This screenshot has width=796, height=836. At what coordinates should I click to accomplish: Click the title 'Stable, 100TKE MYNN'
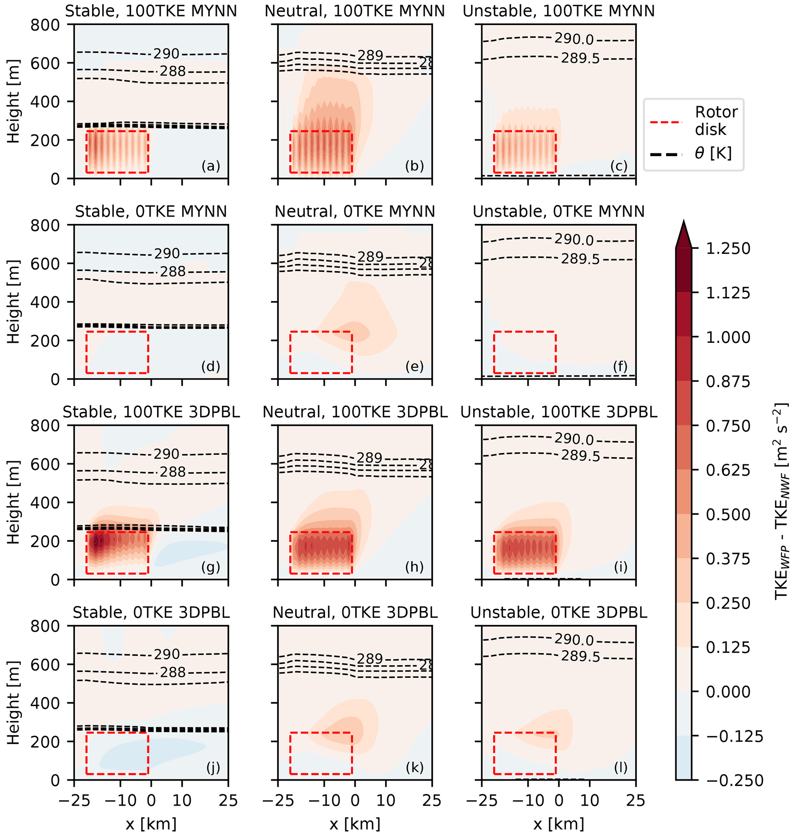151,11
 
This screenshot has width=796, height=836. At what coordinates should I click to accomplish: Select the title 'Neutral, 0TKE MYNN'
355,212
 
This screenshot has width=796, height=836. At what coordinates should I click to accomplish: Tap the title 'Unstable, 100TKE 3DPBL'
559,412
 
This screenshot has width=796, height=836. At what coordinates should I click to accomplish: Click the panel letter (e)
414,366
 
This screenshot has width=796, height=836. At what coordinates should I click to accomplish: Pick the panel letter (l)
620,767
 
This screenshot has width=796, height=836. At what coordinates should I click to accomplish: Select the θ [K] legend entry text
713,153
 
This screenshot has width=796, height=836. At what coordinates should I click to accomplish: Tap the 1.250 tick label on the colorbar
728,248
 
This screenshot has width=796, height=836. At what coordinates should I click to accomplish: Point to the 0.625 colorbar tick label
728,470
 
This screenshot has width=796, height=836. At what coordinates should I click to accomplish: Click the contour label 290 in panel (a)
166,54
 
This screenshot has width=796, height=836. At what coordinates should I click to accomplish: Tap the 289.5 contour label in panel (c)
580,59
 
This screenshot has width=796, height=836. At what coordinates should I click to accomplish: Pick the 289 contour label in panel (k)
370,659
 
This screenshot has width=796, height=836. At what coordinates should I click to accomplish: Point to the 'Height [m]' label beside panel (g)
13,502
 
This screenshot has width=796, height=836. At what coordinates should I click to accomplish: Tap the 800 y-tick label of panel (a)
45,25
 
